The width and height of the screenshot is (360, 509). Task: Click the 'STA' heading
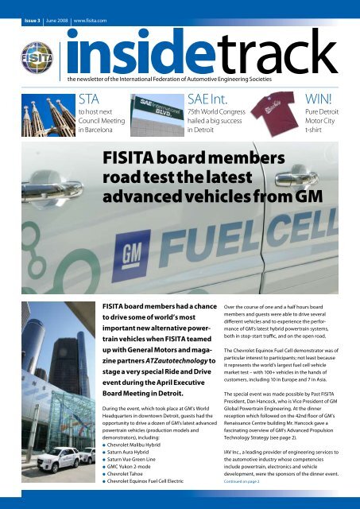(90, 99)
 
